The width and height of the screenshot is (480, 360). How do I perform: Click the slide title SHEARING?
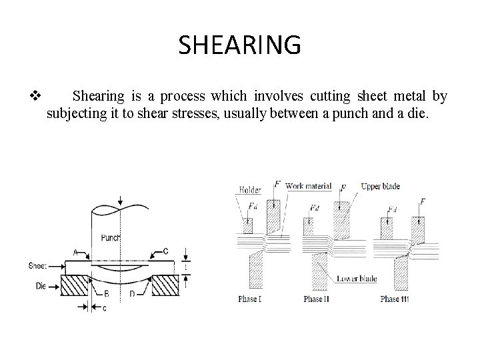tap(240, 45)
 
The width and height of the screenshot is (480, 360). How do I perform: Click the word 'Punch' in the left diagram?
tap(111, 237)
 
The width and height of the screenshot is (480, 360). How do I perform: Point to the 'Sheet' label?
tap(37, 265)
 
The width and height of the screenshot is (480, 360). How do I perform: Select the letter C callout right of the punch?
tap(165, 251)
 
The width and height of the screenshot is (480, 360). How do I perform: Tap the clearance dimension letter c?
tap(104, 307)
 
